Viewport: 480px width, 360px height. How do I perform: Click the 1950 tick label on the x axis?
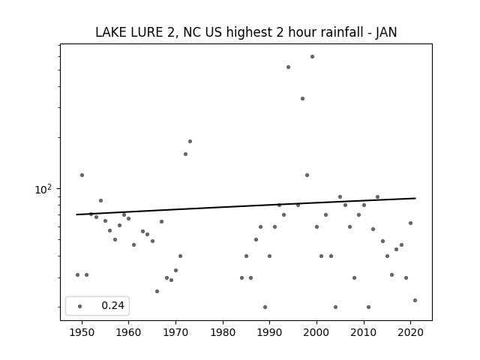tap(82, 332)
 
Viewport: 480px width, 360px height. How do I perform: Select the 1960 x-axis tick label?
tap(128, 332)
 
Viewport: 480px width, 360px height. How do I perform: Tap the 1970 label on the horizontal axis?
tap(175, 332)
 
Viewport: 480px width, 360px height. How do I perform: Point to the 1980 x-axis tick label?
tap(223, 332)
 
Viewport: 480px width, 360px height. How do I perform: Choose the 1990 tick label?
tap(270, 332)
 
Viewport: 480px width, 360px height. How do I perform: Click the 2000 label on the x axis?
tap(316, 332)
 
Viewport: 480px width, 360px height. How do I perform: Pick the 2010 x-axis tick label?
tap(364, 332)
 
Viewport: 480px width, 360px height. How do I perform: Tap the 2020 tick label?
tap(411, 332)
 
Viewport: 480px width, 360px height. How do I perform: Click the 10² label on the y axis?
tap(43, 189)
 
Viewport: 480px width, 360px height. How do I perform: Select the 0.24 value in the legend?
tap(112, 305)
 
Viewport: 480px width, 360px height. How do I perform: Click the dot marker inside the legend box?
tap(80, 306)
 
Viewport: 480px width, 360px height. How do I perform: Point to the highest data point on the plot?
tap(312, 57)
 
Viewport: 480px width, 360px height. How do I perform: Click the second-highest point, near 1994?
tap(288, 67)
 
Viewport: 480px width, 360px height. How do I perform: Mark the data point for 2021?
tap(415, 300)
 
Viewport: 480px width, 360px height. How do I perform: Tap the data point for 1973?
tap(190, 142)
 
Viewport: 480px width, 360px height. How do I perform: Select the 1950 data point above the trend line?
tap(82, 175)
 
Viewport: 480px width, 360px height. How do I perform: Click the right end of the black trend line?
tap(415, 198)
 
